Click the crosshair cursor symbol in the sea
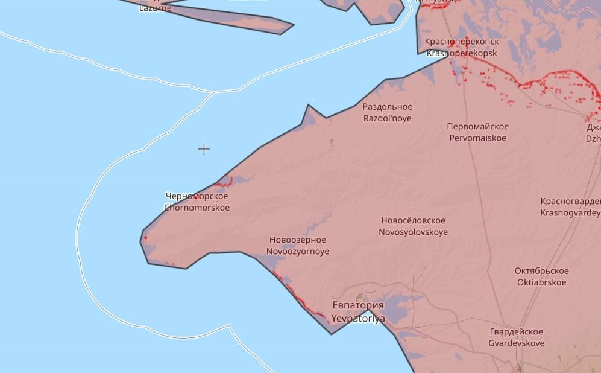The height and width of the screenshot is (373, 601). (204, 149)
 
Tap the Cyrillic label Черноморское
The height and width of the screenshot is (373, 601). (197, 196)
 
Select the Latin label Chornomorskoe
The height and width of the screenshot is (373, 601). (197, 208)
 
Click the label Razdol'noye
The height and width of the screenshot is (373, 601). (387, 118)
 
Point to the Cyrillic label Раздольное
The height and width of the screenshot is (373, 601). (387, 107)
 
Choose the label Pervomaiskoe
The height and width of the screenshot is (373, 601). (477, 138)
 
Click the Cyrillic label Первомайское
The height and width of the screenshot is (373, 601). (477, 127)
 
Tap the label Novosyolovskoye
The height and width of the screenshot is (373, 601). (413, 232)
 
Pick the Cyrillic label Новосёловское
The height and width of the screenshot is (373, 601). (413, 221)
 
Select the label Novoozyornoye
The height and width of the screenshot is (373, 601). (298, 251)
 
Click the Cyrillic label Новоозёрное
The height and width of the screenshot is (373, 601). (297, 240)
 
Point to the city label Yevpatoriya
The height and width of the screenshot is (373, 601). (358, 318)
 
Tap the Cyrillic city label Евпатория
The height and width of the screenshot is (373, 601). (357, 305)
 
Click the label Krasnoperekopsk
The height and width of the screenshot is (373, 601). (462, 53)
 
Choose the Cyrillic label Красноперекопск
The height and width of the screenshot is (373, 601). (462, 42)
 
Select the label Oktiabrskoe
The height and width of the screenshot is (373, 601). (541, 282)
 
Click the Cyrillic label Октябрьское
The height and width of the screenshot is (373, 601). (541, 271)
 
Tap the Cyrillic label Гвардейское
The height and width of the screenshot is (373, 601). (516, 332)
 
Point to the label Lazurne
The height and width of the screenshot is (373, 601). (155, 8)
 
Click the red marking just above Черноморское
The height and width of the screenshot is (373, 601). (225, 182)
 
